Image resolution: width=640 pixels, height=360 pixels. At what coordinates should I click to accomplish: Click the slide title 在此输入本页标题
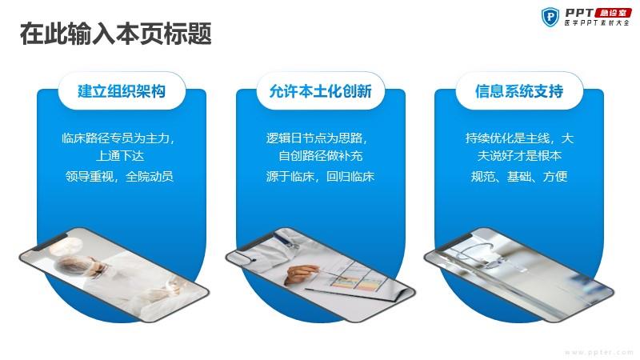click(x=115, y=34)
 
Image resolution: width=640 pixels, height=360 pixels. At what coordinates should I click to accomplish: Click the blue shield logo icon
click(x=550, y=17)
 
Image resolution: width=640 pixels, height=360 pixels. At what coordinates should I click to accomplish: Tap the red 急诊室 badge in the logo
click(x=613, y=13)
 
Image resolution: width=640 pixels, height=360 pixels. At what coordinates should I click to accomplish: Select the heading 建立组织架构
click(x=122, y=91)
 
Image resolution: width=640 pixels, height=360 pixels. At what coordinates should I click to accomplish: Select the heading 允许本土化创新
click(x=321, y=91)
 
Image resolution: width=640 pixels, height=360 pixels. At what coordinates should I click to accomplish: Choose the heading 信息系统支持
click(x=519, y=91)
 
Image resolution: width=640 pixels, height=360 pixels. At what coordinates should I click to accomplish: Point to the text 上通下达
click(x=120, y=156)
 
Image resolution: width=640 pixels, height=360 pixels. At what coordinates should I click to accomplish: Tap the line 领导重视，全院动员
click(x=119, y=176)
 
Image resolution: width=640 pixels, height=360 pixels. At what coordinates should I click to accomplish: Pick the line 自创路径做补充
click(x=321, y=156)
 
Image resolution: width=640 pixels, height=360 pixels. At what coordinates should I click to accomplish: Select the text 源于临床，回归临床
click(x=321, y=176)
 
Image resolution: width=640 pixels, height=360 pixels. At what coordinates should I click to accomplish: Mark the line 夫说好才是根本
click(x=519, y=156)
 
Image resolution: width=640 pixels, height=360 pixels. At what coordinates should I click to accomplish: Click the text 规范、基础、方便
click(x=519, y=176)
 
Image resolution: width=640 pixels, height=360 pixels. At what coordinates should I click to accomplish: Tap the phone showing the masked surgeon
click(x=114, y=274)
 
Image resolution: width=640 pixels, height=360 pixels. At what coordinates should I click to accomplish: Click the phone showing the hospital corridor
click(x=518, y=274)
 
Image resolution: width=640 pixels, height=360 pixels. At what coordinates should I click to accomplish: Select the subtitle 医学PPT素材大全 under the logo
click(x=598, y=23)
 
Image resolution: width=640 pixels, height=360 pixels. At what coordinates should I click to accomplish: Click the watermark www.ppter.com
click(x=599, y=352)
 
